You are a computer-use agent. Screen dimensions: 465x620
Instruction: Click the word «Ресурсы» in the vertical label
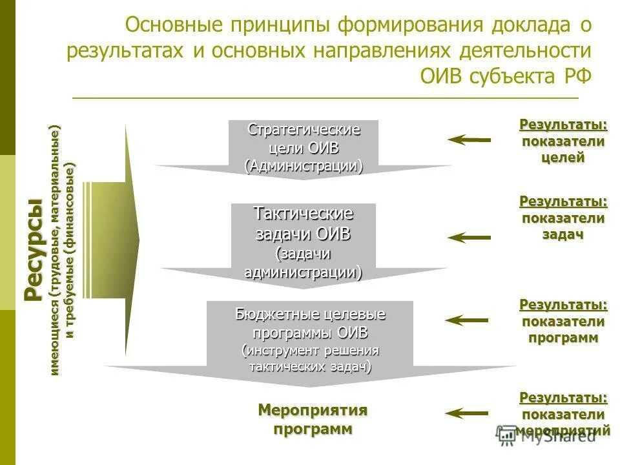pyautogui.click(x=34, y=251)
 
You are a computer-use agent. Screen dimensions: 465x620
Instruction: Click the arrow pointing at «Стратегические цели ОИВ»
pyautogui.click(x=470, y=139)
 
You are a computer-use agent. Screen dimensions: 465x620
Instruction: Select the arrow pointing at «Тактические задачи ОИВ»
pyautogui.click(x=470, y=238)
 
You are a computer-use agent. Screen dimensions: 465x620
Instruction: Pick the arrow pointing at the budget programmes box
pyautogui.click(x=467, y=320)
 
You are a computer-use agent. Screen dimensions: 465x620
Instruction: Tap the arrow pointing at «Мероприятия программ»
pyautogui.click(x=467, y=413)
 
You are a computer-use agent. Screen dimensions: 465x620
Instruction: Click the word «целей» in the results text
pyautogui.click(x=563, y=157)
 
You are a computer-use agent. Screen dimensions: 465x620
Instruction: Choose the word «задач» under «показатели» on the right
pyautogui.click(x=563, y=234)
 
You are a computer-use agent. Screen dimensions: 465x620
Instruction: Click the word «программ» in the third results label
pyautogui.click(x=563, y=337)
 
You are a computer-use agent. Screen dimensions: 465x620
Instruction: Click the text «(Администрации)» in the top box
pyautogui.click(x=304, y=165)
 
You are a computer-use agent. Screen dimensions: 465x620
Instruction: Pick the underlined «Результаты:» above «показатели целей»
pyautogui.click(x=563, y=124)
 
